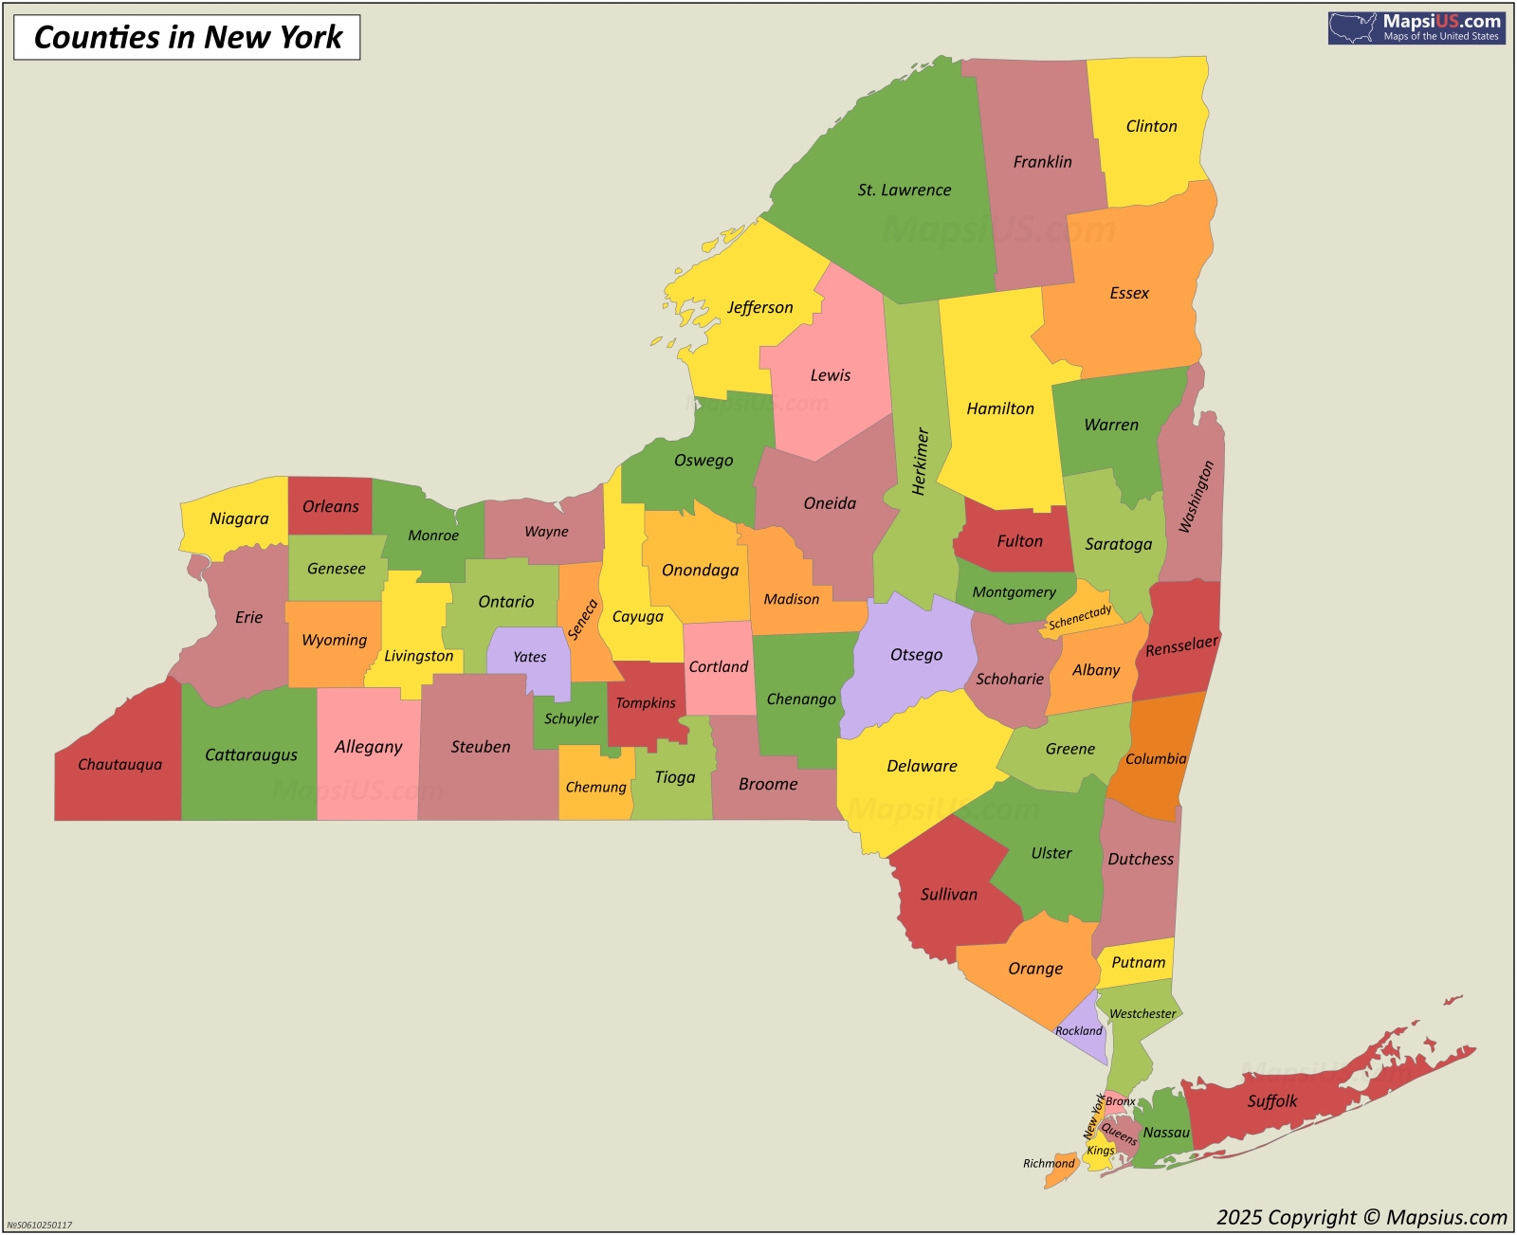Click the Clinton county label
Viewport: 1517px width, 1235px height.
tap(1151, 126)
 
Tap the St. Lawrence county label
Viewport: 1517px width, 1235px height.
tap(904, 190)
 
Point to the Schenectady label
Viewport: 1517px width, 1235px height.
tap(1080, 617)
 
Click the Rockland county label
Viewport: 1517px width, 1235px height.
tap(1079, 1030)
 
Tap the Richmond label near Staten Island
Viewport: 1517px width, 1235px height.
tap(1049, 1163)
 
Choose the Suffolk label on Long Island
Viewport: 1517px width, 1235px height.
tap(1271, 1100)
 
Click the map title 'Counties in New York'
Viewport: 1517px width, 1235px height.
tap(188, 37)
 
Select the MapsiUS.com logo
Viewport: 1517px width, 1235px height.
tap(1416, 27)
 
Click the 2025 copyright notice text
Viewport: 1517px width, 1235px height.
tap(1362, 1217)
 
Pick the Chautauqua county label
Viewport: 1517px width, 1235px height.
tap(119, 764)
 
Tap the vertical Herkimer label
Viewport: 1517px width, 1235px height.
tap(920, 461)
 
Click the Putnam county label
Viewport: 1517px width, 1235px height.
tap(1138, 962)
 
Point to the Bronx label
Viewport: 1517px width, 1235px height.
tap(1120, 1101)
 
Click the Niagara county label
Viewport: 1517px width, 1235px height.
tap(239, 518)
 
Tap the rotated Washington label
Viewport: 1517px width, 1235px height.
tap(1196, 497)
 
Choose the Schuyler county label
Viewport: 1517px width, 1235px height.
tap(571, 718)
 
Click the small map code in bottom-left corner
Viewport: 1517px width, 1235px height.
tap(40, 1225)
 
